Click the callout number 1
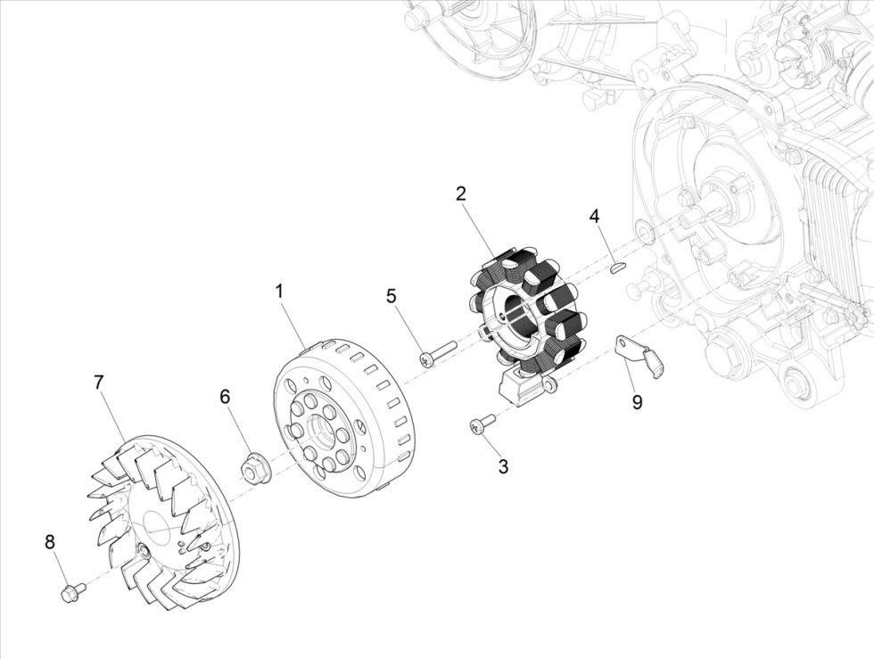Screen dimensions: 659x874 279,292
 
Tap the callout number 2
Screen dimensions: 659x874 460,194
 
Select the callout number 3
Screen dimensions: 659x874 503,465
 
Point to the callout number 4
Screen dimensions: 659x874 594,217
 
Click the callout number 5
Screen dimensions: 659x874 392,296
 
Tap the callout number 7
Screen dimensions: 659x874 98,382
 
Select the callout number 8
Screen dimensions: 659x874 50,541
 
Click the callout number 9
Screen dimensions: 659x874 637,402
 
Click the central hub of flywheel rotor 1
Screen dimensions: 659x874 319,433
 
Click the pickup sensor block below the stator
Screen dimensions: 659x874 515,386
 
